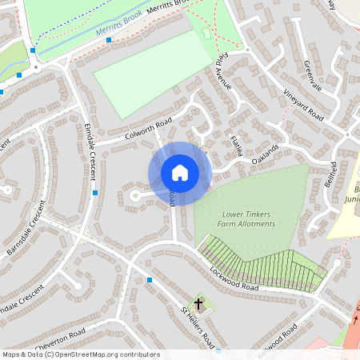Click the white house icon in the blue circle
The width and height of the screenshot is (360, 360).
tap(180, 173)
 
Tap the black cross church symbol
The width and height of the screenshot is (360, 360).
tap(198, 304)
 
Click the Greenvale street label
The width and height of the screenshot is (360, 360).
tap(312, 76)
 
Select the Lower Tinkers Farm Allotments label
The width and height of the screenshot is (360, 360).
tap(246, 219)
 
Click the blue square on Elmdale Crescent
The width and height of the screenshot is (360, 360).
tap(95, 193)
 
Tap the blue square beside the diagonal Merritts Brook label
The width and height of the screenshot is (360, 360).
tap(109, 39)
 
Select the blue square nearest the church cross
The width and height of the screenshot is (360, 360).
tap(150, 280)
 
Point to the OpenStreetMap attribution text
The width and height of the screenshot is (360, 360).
tap(80, 354)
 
